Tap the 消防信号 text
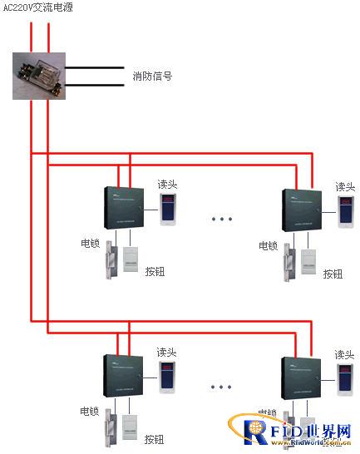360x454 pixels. point(152,76)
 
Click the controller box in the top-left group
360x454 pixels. point(126,207)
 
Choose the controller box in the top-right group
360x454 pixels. point(307,209)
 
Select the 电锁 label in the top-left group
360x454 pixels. point(91,244)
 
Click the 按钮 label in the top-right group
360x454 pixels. point(333,274)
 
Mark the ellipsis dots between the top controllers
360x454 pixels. point(222,220)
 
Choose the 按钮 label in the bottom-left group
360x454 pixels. point(155,439)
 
